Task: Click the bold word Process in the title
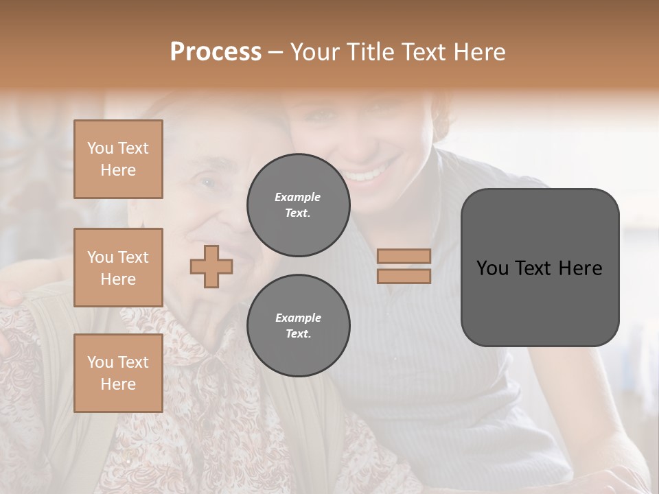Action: tap(216, 51)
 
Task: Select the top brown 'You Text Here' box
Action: tap(118, 159)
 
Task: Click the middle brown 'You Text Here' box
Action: tap(118, 268)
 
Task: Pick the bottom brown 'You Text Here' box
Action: tap(118, 373)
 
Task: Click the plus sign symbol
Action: tap(211, 266)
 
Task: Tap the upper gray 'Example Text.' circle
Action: tap(298, 205)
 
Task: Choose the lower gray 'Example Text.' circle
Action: tap(298, 326)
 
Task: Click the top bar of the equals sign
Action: tap(404, 256)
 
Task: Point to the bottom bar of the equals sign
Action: tap(404, 276)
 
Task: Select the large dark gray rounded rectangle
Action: tap(540, 267)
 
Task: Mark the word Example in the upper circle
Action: tap(297, 197)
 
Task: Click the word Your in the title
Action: tap(314, 51)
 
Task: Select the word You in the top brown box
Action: tap(100, 148)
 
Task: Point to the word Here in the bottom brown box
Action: tap(118, 384)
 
